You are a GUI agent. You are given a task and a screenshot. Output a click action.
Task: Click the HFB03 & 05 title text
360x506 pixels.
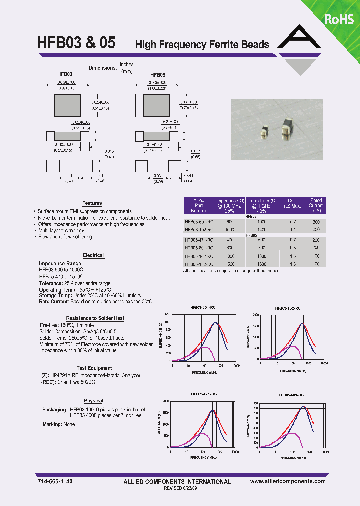76,43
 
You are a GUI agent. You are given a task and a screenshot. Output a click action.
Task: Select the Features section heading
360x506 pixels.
92,203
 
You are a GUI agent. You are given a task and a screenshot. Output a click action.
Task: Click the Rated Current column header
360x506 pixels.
316,205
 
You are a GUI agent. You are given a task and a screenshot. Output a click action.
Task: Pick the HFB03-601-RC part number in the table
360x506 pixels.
199,222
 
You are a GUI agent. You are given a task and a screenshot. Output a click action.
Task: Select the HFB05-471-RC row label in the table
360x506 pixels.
199,240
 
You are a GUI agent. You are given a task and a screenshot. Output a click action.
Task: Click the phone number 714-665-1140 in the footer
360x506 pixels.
55,481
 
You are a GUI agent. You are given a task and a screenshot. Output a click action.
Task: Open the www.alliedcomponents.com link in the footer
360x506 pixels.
288,481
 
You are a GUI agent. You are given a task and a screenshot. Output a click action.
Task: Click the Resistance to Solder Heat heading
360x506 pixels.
95,318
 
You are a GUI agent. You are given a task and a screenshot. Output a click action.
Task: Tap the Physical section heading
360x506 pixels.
93,401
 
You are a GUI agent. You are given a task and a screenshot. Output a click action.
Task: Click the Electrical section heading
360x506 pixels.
93,255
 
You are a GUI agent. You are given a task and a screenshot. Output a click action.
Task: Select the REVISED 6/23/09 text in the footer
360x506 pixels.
177,489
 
